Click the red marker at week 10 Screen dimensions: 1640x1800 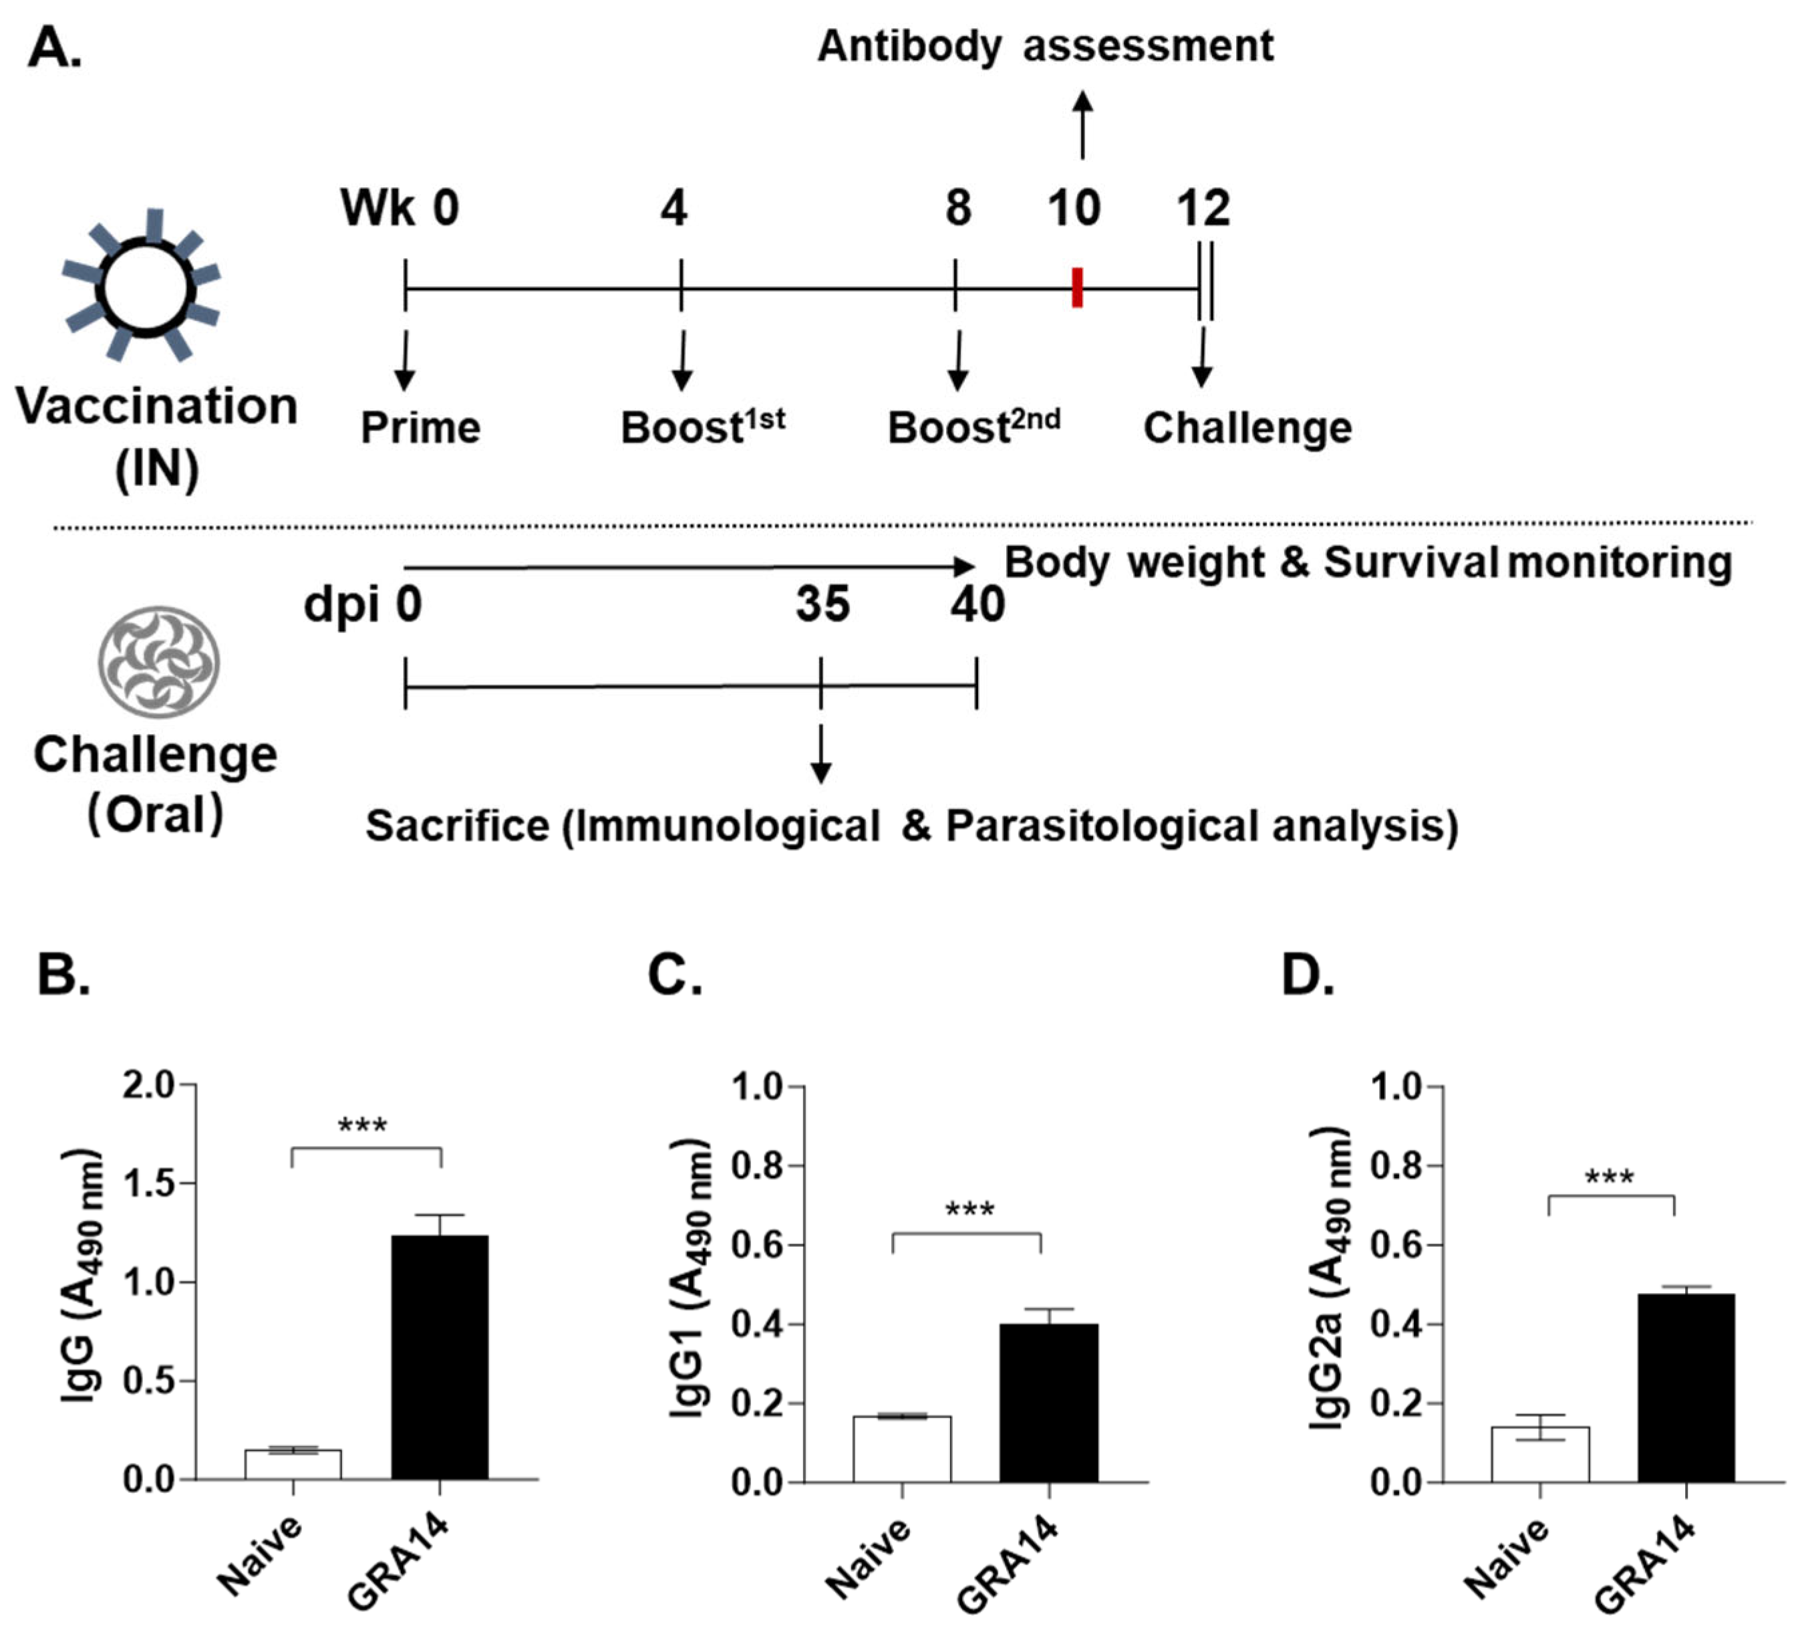1077,287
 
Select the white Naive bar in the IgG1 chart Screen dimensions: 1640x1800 902,1449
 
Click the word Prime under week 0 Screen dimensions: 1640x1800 420,427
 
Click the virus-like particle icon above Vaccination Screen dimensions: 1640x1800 143,286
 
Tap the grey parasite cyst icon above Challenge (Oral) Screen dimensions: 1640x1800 159,661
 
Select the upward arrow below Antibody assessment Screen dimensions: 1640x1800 1082,125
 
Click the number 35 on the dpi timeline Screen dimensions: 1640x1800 822,605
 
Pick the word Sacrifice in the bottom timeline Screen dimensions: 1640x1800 457,826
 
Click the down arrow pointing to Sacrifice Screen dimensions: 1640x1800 820,755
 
